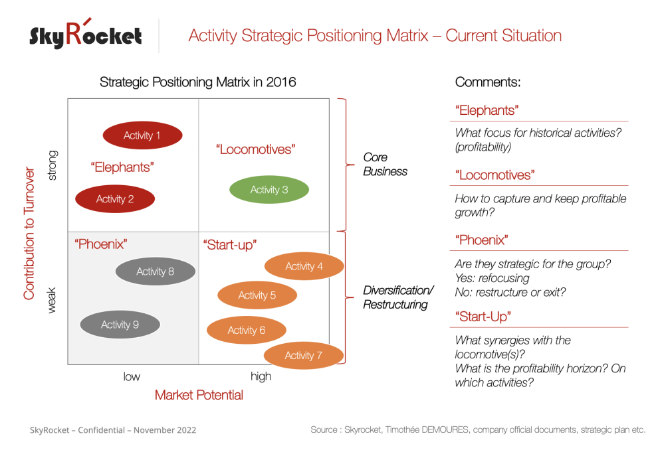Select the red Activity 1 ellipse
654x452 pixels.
pos(142,135)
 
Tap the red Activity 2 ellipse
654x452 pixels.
pos(115,199)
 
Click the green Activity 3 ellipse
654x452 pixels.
pos(269,190)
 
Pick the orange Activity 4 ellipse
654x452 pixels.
pos(304,266)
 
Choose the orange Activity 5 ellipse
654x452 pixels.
pos(257,295)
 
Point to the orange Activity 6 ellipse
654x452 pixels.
pos(247,330)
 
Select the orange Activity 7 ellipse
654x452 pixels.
pos(303,355)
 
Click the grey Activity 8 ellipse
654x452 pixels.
pos(155,271)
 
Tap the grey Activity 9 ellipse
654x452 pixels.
pos(120,325)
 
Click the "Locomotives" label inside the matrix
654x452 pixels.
pos(255,149)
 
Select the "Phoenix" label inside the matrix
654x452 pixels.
pos(100,244)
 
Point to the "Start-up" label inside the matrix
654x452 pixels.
pos(229,245)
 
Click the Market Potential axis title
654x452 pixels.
pos(199,395)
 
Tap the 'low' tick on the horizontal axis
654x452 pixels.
pos(132,376)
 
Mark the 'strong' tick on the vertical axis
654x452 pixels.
pos(53,165)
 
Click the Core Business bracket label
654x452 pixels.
pos(385,165)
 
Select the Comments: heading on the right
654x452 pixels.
pos(487,82)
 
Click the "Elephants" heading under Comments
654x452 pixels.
pos(487,111)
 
